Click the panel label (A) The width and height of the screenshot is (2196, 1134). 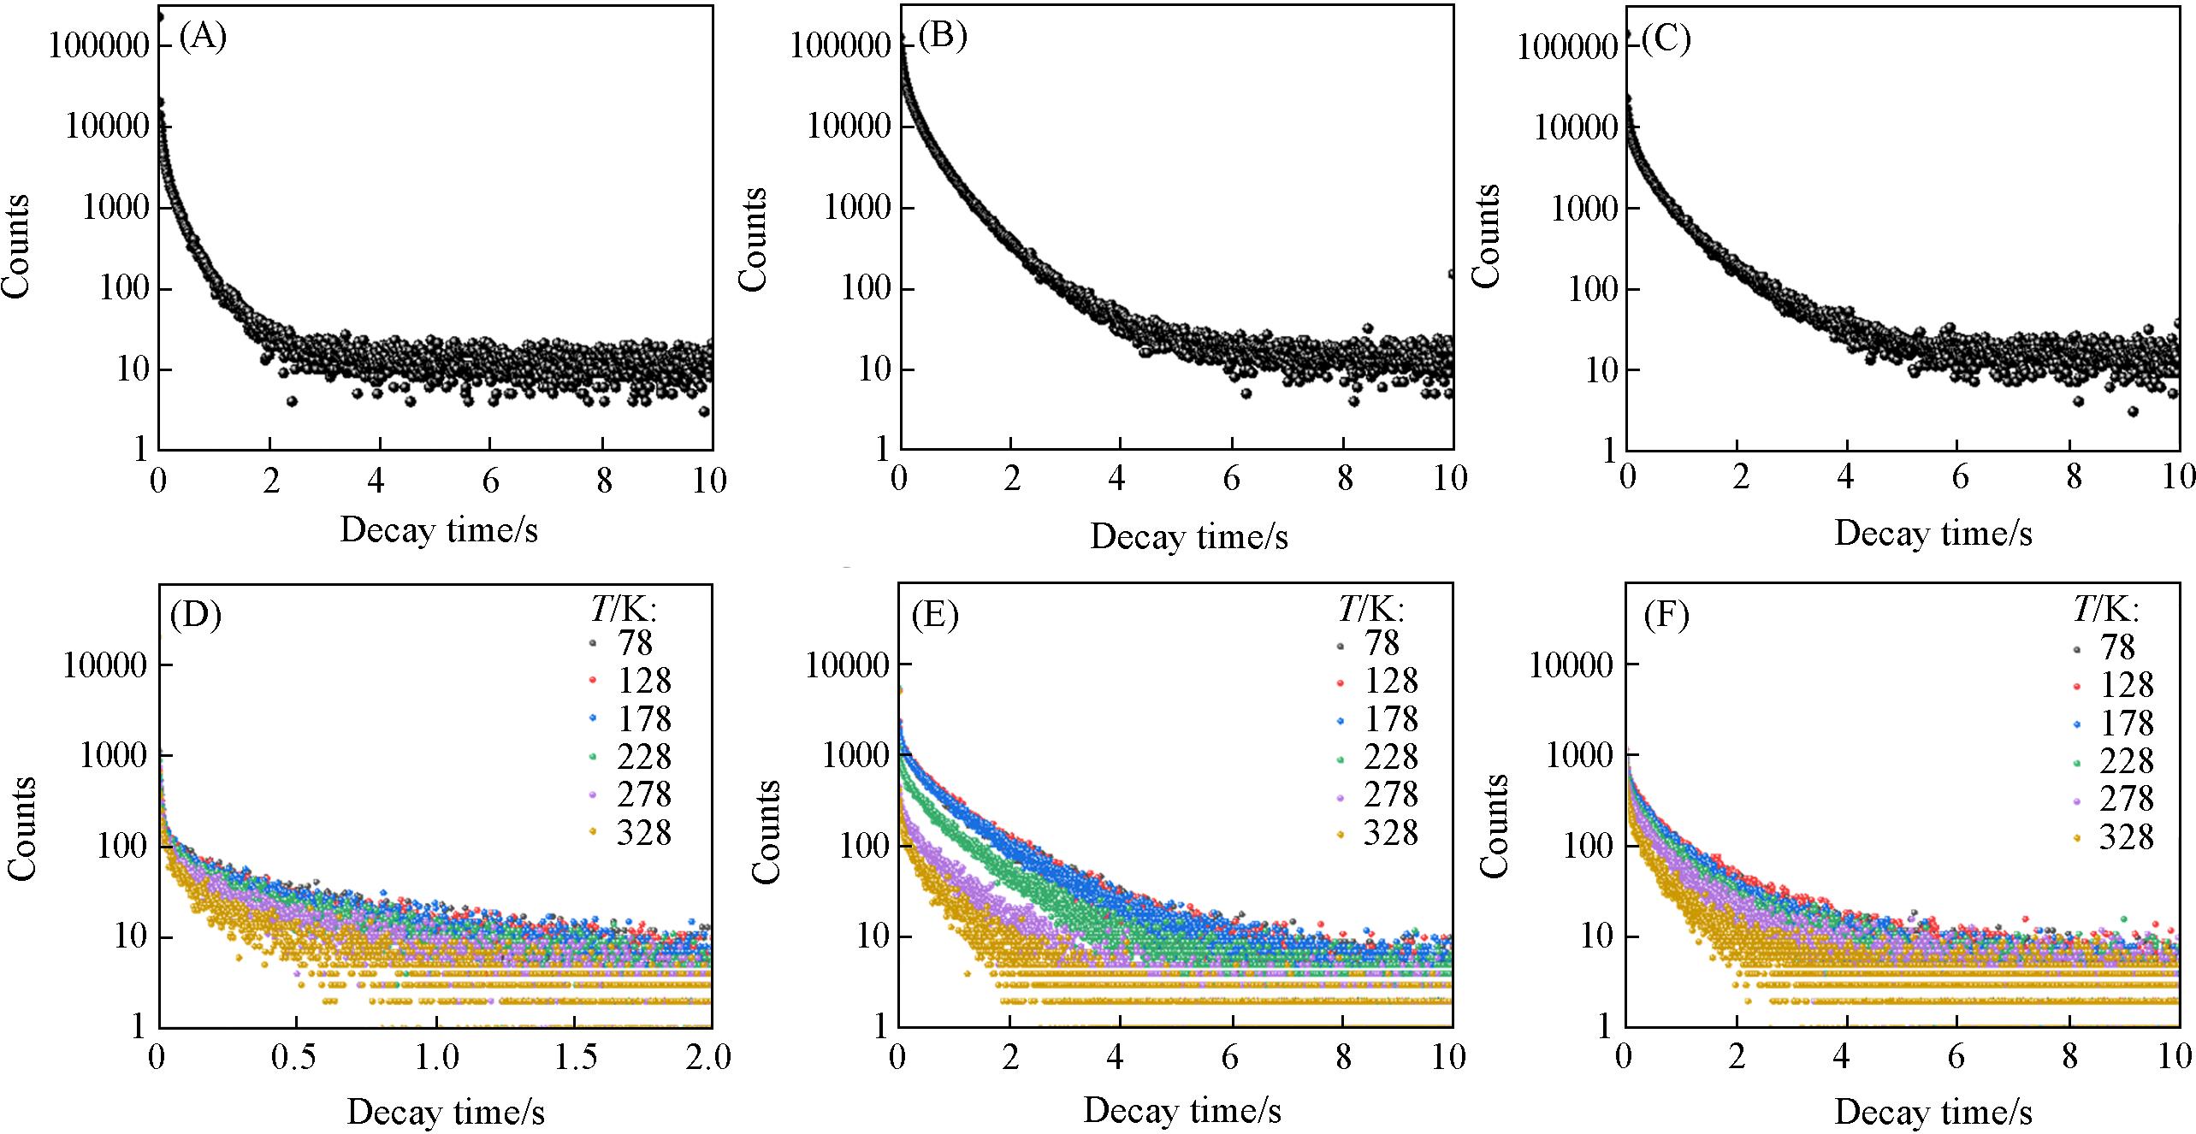coord(203,38)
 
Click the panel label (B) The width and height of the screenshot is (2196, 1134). coord(943,38)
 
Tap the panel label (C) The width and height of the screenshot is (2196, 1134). coord(1666,39)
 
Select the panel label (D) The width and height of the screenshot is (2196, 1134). coord(196,615)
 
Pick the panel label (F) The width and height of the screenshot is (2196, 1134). coord(1666,617)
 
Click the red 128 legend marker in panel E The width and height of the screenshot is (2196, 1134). coord(1341,682)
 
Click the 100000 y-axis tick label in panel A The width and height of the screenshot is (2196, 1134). coord(98,45)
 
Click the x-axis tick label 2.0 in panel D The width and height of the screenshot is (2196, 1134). coord(710,1058)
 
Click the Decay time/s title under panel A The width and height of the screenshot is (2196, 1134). coord(439,530)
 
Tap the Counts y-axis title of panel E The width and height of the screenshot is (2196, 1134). coord(767,830)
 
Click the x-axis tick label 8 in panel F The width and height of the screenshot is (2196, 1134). coord(2070,1058)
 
